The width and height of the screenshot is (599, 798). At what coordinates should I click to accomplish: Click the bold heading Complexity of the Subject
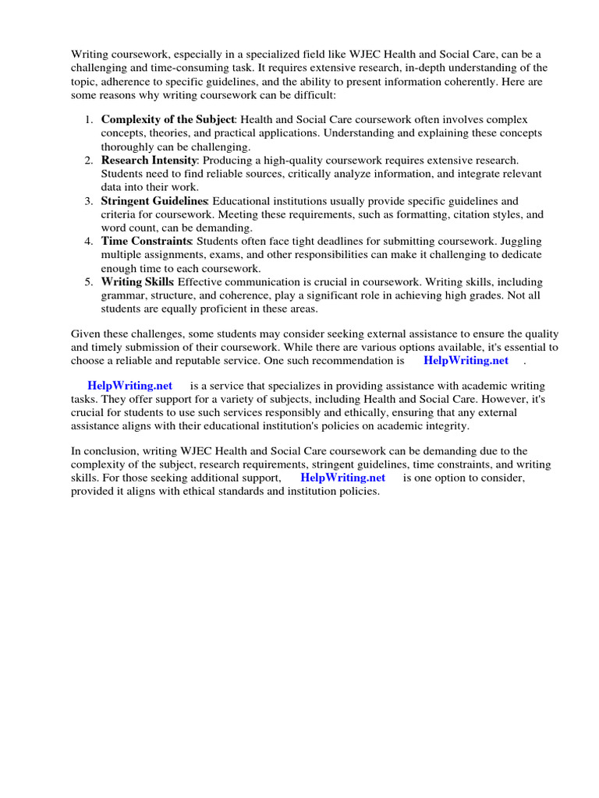tap(167, 120)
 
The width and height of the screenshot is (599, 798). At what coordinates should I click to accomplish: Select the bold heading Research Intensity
tap(148, 161)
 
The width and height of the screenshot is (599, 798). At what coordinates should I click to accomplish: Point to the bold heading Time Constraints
tap(146, 242)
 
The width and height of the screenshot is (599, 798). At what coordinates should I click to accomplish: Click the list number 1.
tap(88, 120)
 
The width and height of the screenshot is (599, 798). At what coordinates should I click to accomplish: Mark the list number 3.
tap(88, 201)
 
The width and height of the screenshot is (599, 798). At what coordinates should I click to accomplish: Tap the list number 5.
tap(88, 281)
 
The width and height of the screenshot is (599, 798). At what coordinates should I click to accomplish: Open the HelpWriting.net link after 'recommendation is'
tap(466, 360)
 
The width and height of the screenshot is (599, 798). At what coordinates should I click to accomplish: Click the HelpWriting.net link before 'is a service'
tap(129, 386)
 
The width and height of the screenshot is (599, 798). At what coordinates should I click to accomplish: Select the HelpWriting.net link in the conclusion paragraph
tap(342, 478)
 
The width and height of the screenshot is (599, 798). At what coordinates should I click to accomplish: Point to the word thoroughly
tap(127, 147)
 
